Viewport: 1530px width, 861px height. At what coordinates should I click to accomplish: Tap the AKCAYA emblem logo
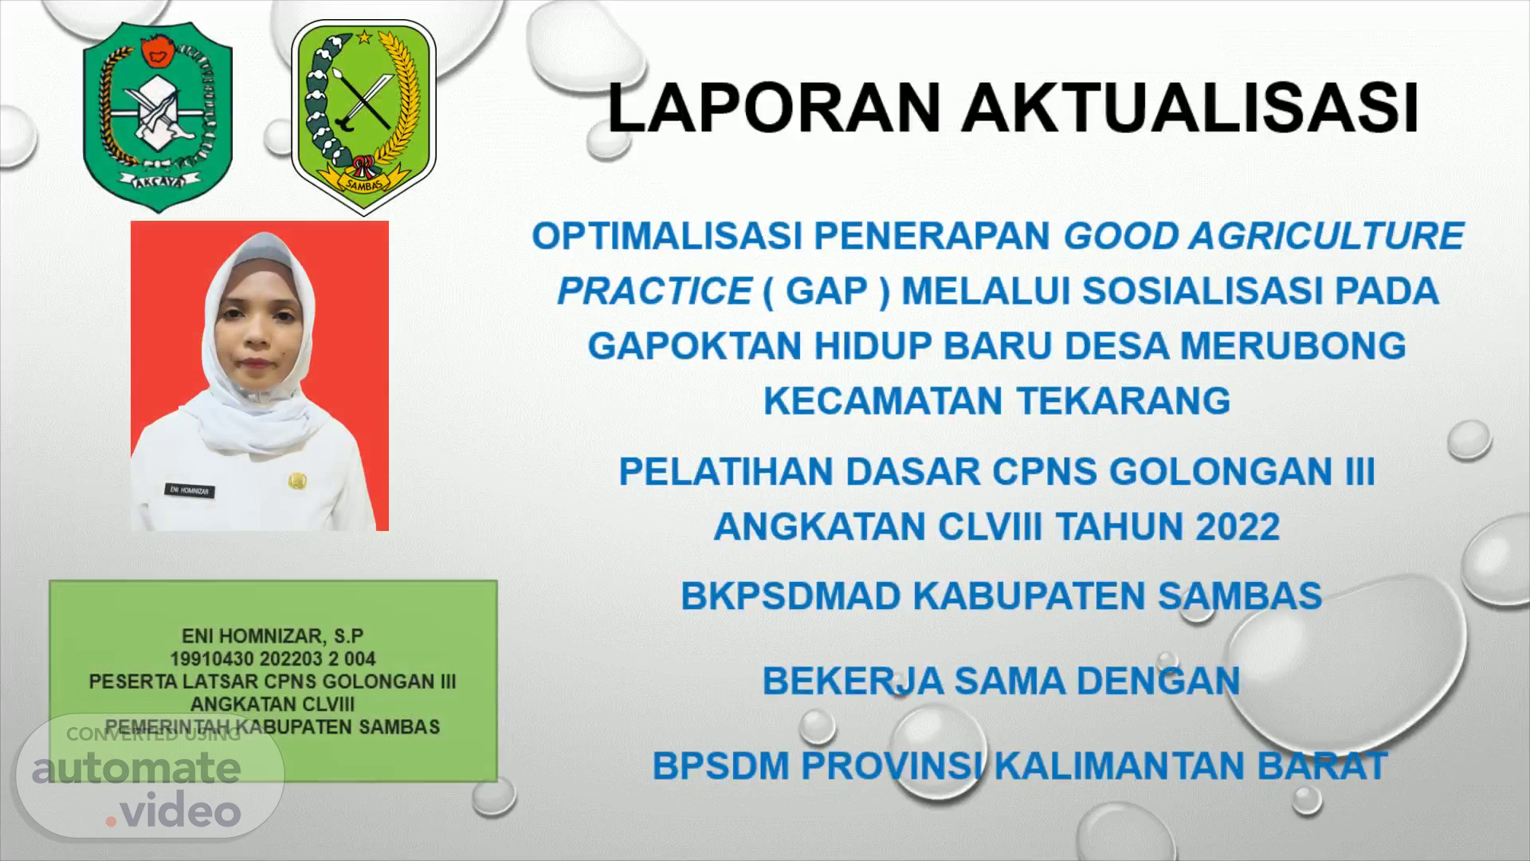(x=158, y=116)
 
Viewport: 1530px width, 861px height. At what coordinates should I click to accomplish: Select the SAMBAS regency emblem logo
(x=363, y=118)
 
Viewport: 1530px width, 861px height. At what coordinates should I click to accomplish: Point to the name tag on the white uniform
(x=189, y=491)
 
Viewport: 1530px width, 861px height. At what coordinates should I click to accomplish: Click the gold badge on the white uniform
(x=298, y=481)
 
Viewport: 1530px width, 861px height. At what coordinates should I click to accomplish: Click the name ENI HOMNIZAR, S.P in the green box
(x=273, y=636)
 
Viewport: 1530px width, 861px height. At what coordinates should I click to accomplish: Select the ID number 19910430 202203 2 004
(x=273, y=659)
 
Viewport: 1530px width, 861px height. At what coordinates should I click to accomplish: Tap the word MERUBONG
(x=1293, y=345)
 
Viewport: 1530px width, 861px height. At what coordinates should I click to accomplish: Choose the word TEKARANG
(x=1124, y=400)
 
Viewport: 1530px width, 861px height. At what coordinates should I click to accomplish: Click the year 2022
(x=1237, y=526)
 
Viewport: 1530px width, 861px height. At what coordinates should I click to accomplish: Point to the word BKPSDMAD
(x=790, y=596)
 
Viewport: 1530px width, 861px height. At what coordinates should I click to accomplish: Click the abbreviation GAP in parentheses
(x=826, y=291)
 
